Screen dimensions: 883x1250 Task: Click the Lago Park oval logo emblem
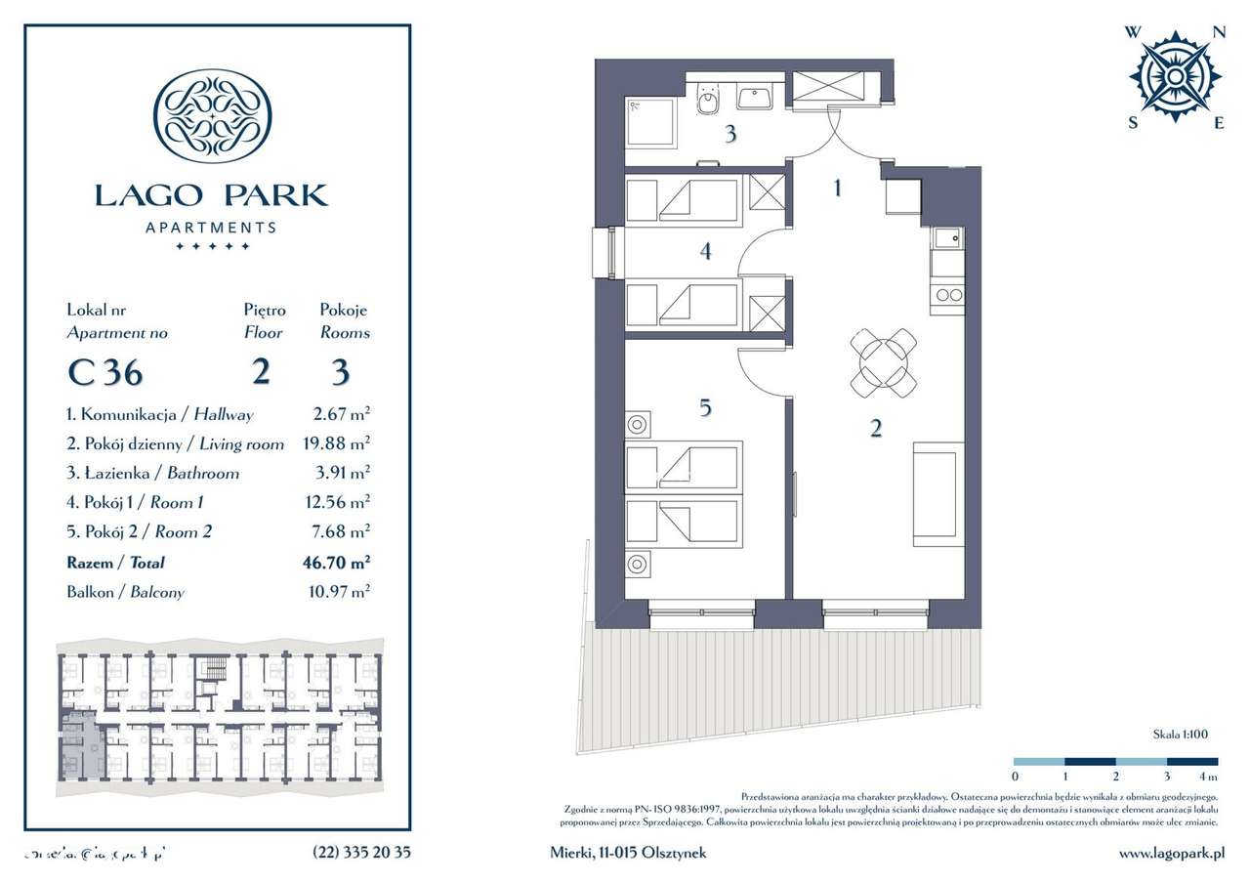coord(213,115)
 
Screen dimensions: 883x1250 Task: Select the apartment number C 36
coord(104,373)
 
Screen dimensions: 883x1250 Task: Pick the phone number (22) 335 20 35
coord(361,853)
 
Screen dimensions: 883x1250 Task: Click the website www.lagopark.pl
coord(1171,853)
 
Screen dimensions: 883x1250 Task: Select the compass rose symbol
coord(1175,76)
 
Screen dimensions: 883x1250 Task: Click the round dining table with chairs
coord(884,362)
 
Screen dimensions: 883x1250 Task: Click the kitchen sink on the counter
coord(946,237)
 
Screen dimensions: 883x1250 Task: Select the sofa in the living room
coord(937,494)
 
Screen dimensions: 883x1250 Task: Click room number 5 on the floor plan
coord(705,408)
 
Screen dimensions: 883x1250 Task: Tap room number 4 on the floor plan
coord(705,252)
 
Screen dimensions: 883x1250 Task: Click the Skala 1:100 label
coord(1180,733)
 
